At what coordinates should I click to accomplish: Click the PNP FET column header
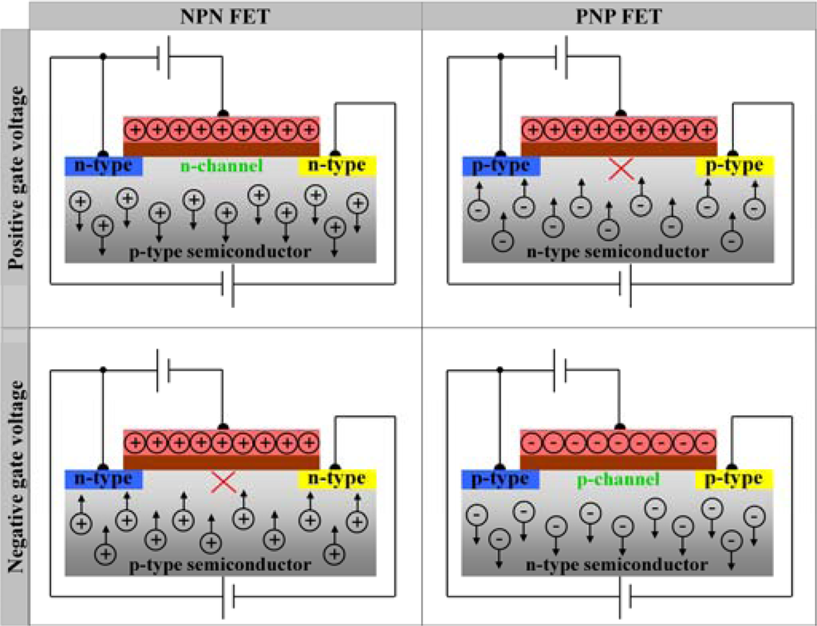pyautogui.click(x=620, y=14)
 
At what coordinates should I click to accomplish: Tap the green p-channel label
pyautogui.click(x=618, y=479)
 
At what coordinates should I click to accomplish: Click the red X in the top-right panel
pyautogui.click(x=620, y=169)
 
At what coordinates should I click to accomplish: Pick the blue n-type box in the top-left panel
pyautogui.click(x=104, y=166)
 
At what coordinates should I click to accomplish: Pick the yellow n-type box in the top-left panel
pyautogui.click(x=337, y=166)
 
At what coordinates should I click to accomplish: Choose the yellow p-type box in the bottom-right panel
pyautogui.click(x=736, y=479)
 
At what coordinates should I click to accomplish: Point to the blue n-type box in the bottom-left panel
pyautogui.click(x=104, y=479)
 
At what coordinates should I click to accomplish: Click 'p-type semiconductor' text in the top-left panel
pyautogui.click(x=219, y=252)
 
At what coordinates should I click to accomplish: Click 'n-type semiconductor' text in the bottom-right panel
pyautogui.click(x=618, y=565)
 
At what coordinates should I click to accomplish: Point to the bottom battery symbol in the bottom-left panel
pyautogui.click(x=227, y=598)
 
